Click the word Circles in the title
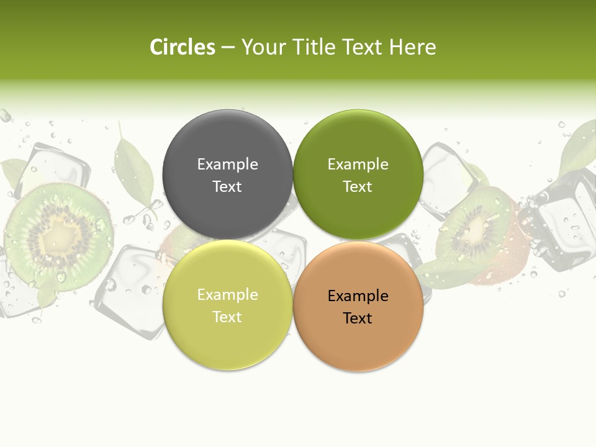182,47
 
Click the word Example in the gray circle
227,165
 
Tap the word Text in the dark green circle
358,186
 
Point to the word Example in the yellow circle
227,295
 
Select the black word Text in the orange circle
358,318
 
